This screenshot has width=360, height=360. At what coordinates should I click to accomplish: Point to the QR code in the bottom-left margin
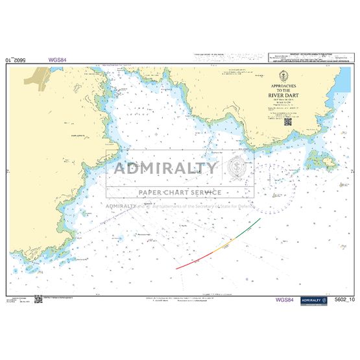coord(38,299)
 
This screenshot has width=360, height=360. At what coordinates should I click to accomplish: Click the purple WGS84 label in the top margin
coord(57,60)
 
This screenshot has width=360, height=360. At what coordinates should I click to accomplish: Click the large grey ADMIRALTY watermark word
coord(165,169)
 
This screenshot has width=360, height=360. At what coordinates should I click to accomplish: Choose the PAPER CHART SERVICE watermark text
coord(179,192)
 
